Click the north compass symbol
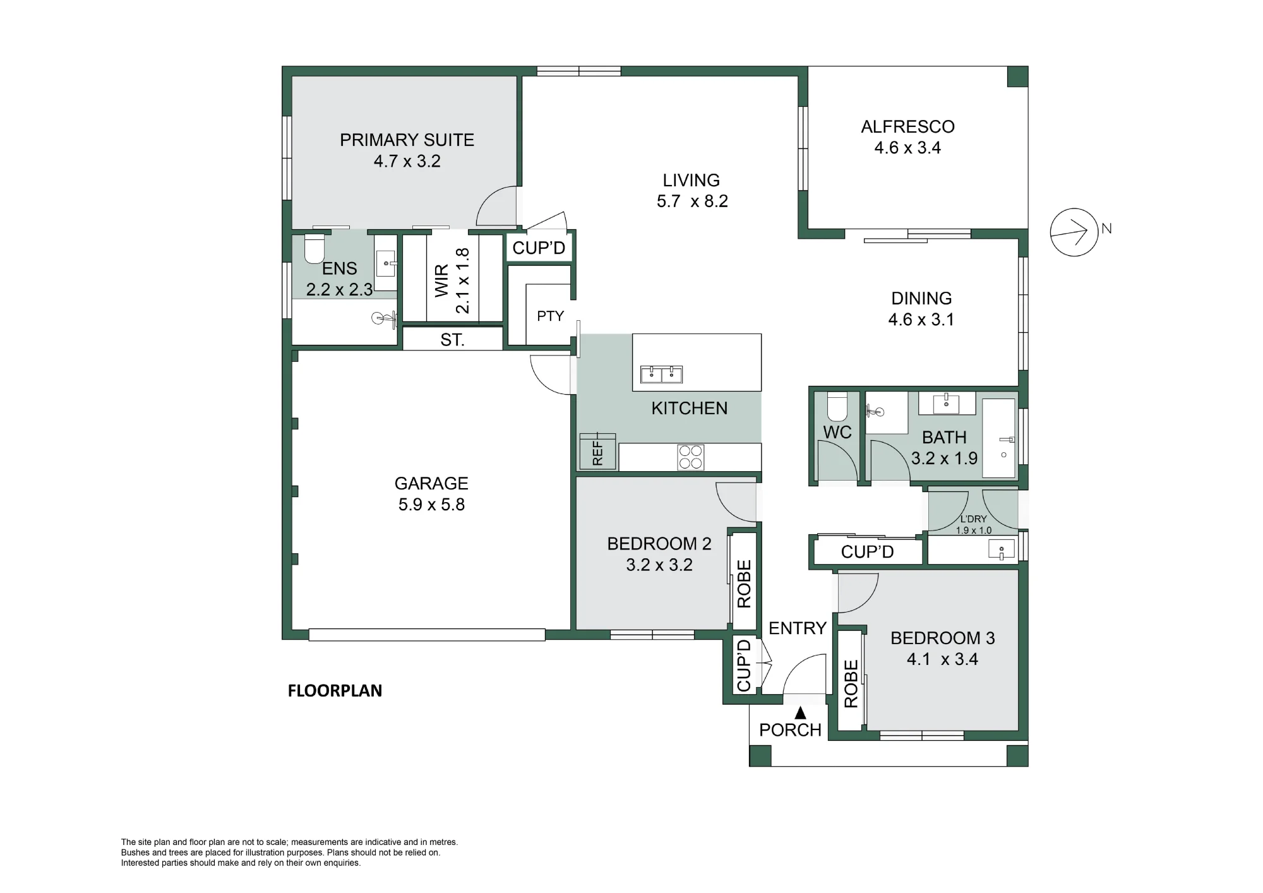coord(1074,232)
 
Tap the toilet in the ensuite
coord(314,249)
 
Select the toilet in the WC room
coord(837,407)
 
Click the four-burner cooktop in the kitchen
coord(691,457)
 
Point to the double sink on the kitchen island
coord(661,375)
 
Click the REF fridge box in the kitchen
coord(597,451)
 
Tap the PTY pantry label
coord(550,316)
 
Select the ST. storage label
coord(452,340)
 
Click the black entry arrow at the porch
coord(800,713)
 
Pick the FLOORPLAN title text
coord(335,691)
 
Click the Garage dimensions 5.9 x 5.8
coord(431,505)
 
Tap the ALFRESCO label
coord(907,127)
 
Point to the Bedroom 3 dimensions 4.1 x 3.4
coord(942,659)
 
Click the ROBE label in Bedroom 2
coord(745,584)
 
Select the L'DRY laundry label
coord(973,519)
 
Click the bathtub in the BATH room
coord(999,438)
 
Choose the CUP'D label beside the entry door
coord(744,665)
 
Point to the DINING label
coord(921,298)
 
